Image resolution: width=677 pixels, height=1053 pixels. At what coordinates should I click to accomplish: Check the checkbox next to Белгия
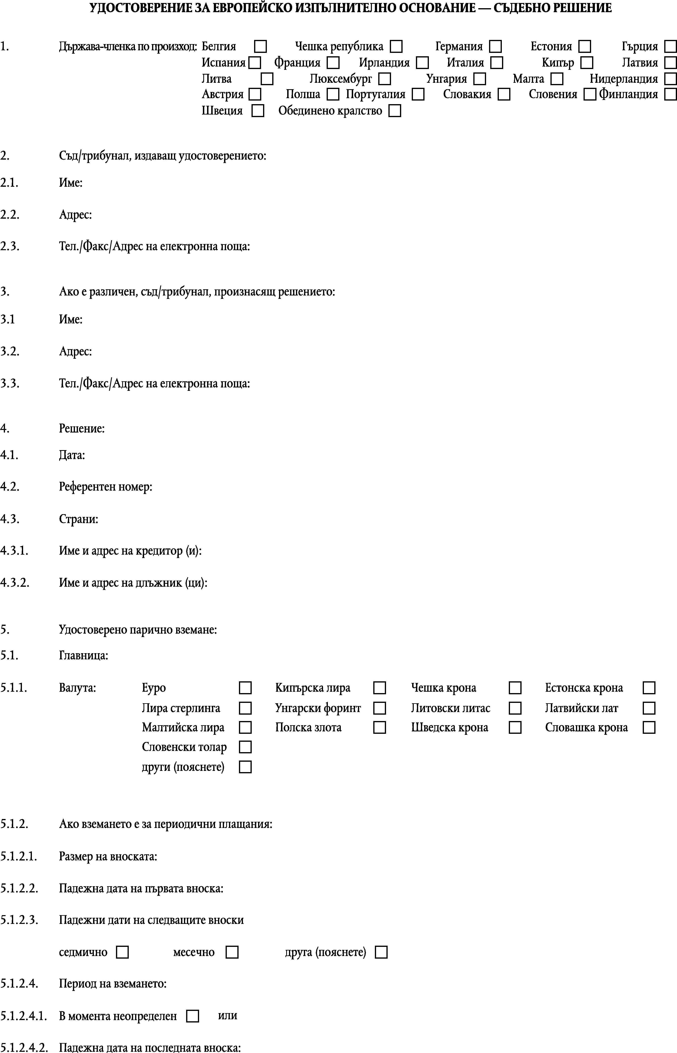261,46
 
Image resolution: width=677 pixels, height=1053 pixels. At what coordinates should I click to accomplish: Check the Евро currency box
245,688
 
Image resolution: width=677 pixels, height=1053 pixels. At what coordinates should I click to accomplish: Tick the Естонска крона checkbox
649,688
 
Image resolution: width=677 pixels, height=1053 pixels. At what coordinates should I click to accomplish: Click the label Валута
77,688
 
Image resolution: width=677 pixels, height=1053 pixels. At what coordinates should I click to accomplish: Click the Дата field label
72,455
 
